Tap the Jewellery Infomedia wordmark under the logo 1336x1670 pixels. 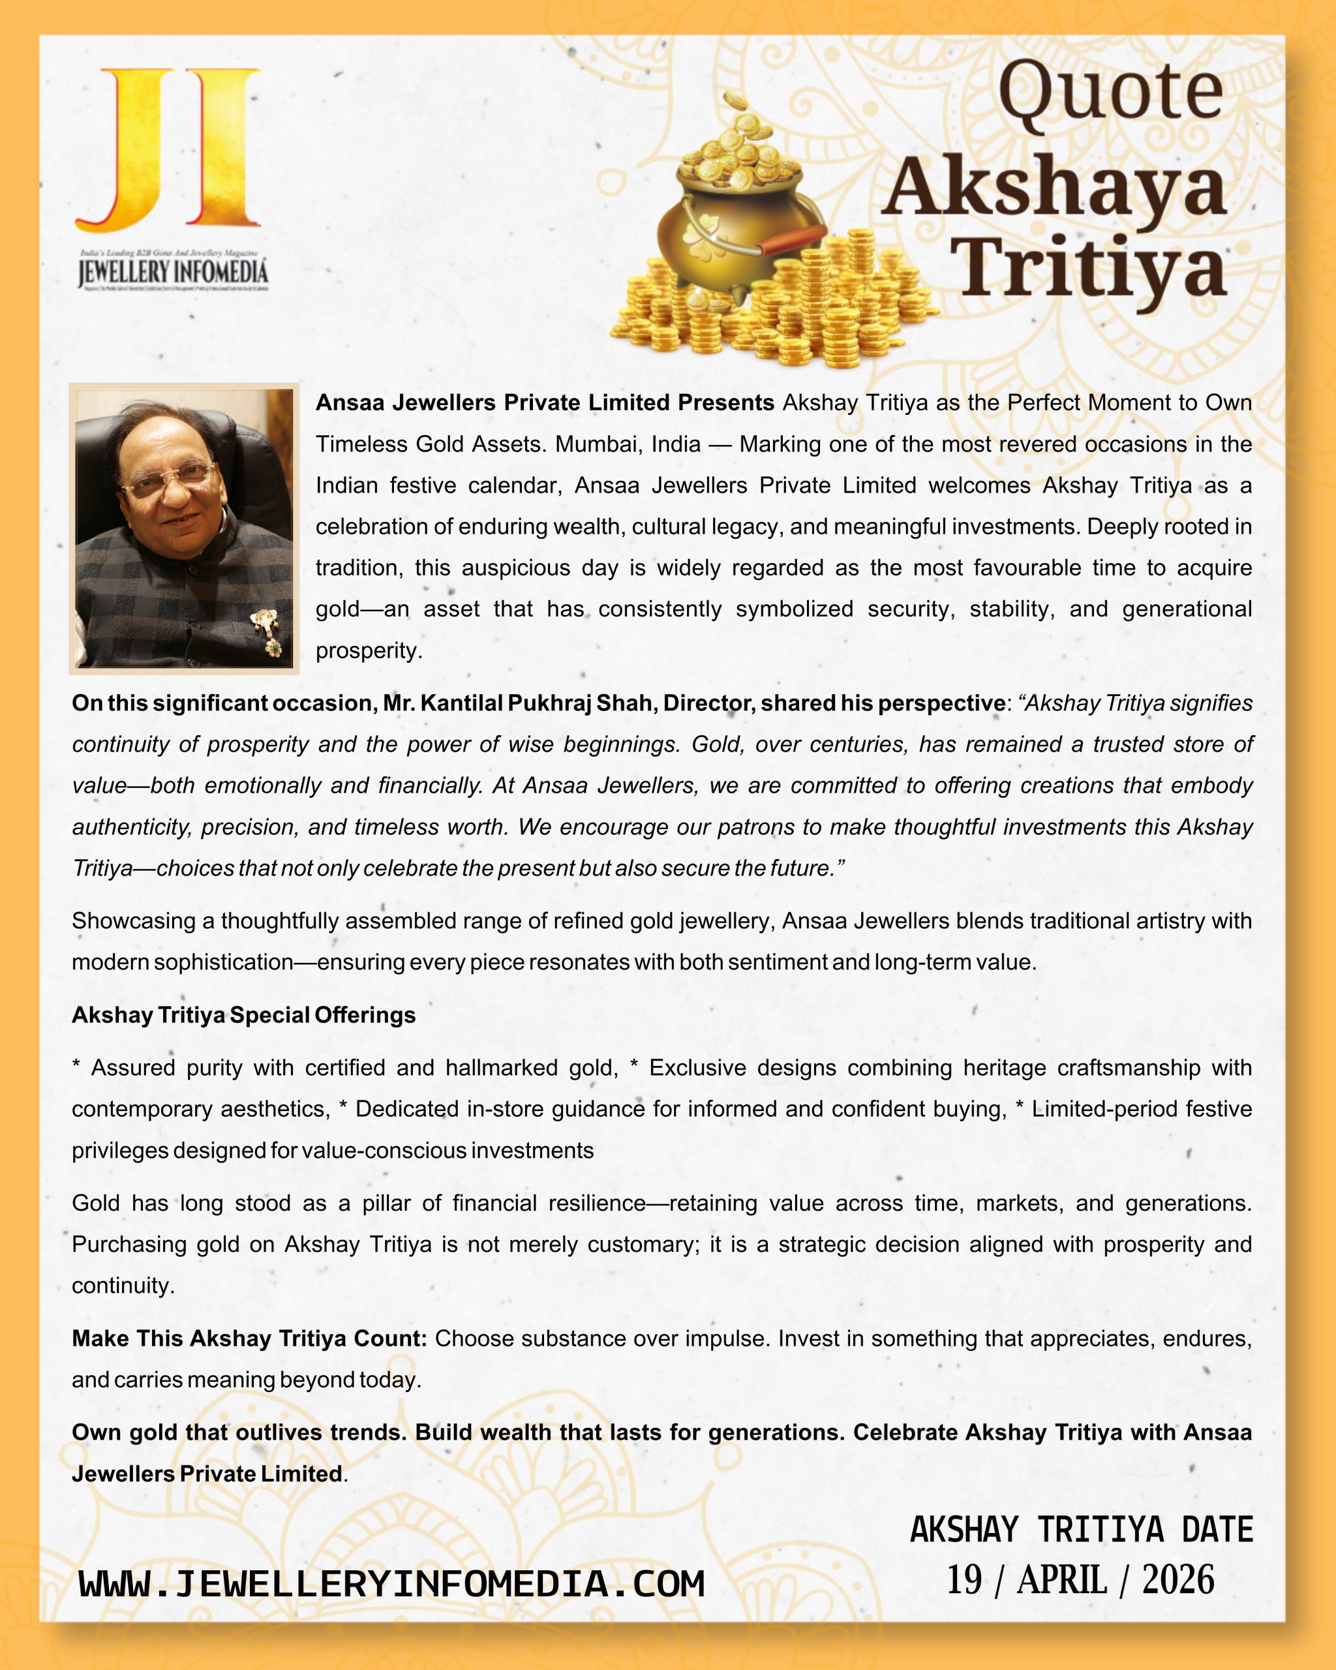(x=173, y=273)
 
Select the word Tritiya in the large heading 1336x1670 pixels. (x=1092, y=267)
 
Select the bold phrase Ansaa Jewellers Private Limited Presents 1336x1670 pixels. (x=545, y=402)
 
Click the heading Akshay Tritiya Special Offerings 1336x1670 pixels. (x=243, y=1014)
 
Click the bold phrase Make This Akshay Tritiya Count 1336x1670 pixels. (x=249, y=1339)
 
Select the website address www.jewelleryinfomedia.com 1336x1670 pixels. (x=392, y=1583)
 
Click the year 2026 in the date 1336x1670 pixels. (x=1177, y=1579)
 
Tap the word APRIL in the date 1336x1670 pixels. (x=1061, y=1579)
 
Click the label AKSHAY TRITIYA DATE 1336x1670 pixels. (x=1081, y=1529)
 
